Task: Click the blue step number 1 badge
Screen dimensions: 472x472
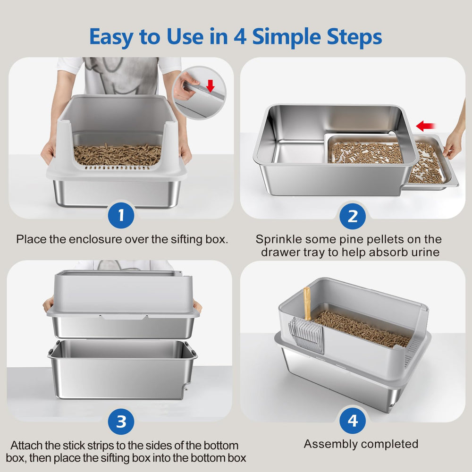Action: coord(121,215)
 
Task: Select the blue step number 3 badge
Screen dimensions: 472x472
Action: coord(121,421)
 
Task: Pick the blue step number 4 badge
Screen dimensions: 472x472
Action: coord(353,420)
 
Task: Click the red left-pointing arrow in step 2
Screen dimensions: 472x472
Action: coord(426,126)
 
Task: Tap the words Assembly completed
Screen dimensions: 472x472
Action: coord(361,444)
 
